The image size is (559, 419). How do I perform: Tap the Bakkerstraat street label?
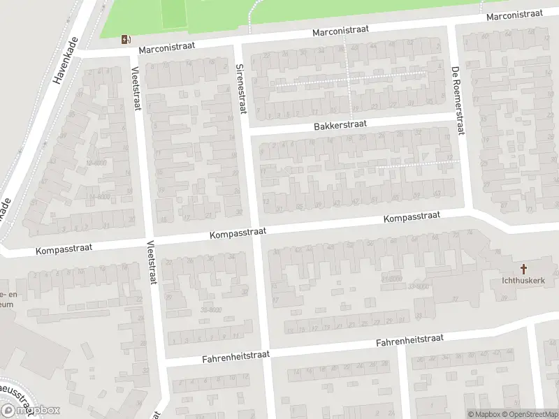click(340, 124)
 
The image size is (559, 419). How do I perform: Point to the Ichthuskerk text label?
click(523, 281)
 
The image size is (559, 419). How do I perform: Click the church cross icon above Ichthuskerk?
click(523, 269)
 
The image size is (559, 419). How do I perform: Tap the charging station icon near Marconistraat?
click(126, 39)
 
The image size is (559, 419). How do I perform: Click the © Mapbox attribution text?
click(482, 414)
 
